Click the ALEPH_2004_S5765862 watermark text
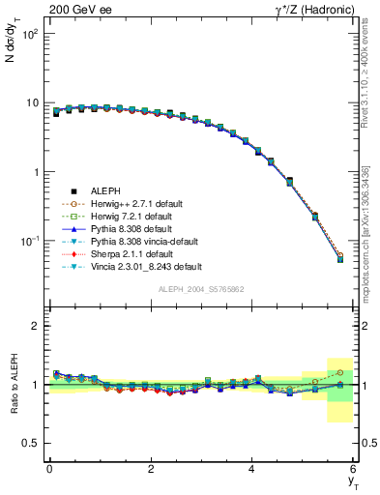201,290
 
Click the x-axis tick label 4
252,468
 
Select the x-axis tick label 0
49,468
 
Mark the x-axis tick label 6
354,468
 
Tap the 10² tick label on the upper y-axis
31,33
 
